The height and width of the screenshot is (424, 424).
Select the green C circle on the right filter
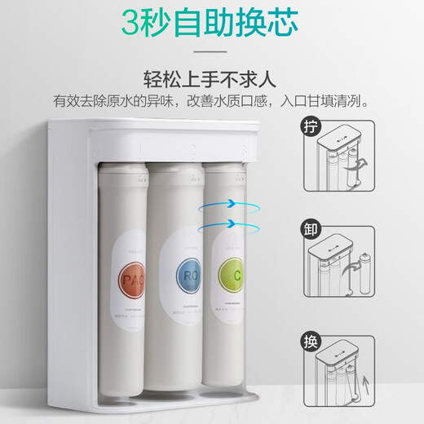(229, 272)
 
